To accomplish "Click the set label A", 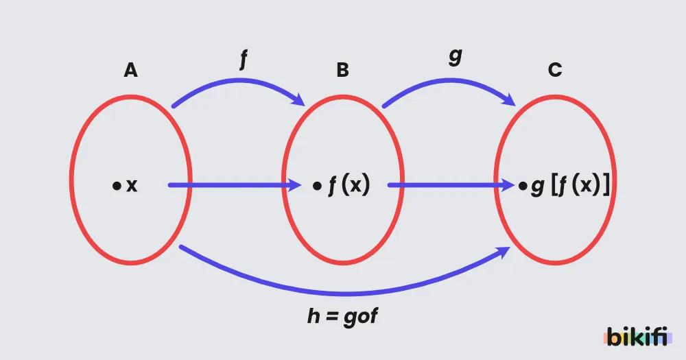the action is tap(130, 70).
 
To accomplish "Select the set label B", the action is tap(342, 70).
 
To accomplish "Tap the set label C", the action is tap(555, 70).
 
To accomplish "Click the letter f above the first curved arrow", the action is tap(244, 59).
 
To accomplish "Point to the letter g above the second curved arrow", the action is tap(456, 57).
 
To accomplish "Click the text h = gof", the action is tap(342, 316).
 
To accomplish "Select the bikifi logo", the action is tap(638, 337).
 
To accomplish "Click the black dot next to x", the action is tap(117, 186).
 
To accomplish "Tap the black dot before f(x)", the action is tap(317, 186).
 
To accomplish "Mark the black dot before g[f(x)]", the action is tap(523, 186).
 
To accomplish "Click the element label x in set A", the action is tap(132, 186).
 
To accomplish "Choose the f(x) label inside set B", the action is tap(349, 185).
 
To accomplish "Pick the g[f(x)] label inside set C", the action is tap(570, 185).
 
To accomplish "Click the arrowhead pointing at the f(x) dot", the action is tap(294, 185).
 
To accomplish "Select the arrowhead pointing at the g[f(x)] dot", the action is tap(507, 185).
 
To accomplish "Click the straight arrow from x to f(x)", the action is tap(235, 185).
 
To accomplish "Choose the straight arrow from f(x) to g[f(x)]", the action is tap(451, 185).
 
